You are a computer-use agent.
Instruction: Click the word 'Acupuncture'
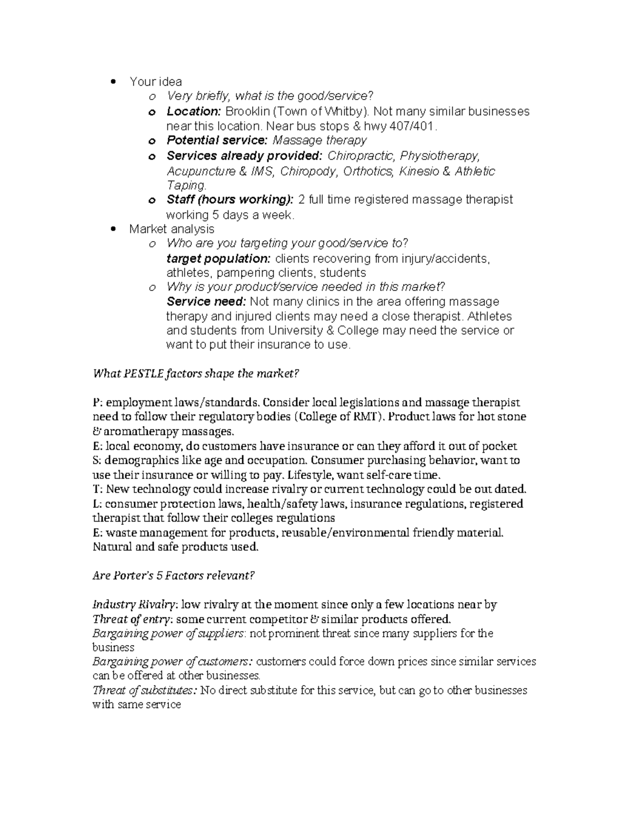[x=201, y=171]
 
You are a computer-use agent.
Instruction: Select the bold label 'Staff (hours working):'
[x=230, y=200]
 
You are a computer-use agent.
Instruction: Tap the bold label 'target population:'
[x=218, y=258]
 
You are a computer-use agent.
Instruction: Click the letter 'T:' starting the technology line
[x=98, y=490]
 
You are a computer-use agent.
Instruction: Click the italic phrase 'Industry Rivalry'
[x=134, y=605]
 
